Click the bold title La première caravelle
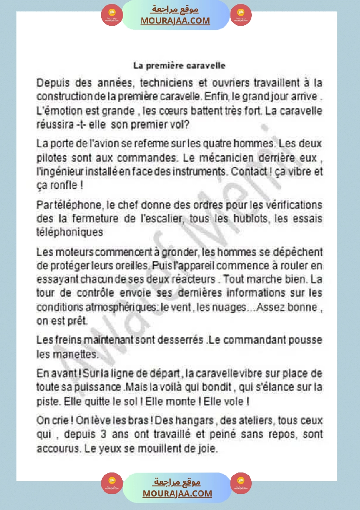(179, 66)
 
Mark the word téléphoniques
(70, 232)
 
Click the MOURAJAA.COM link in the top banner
(175, 21)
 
